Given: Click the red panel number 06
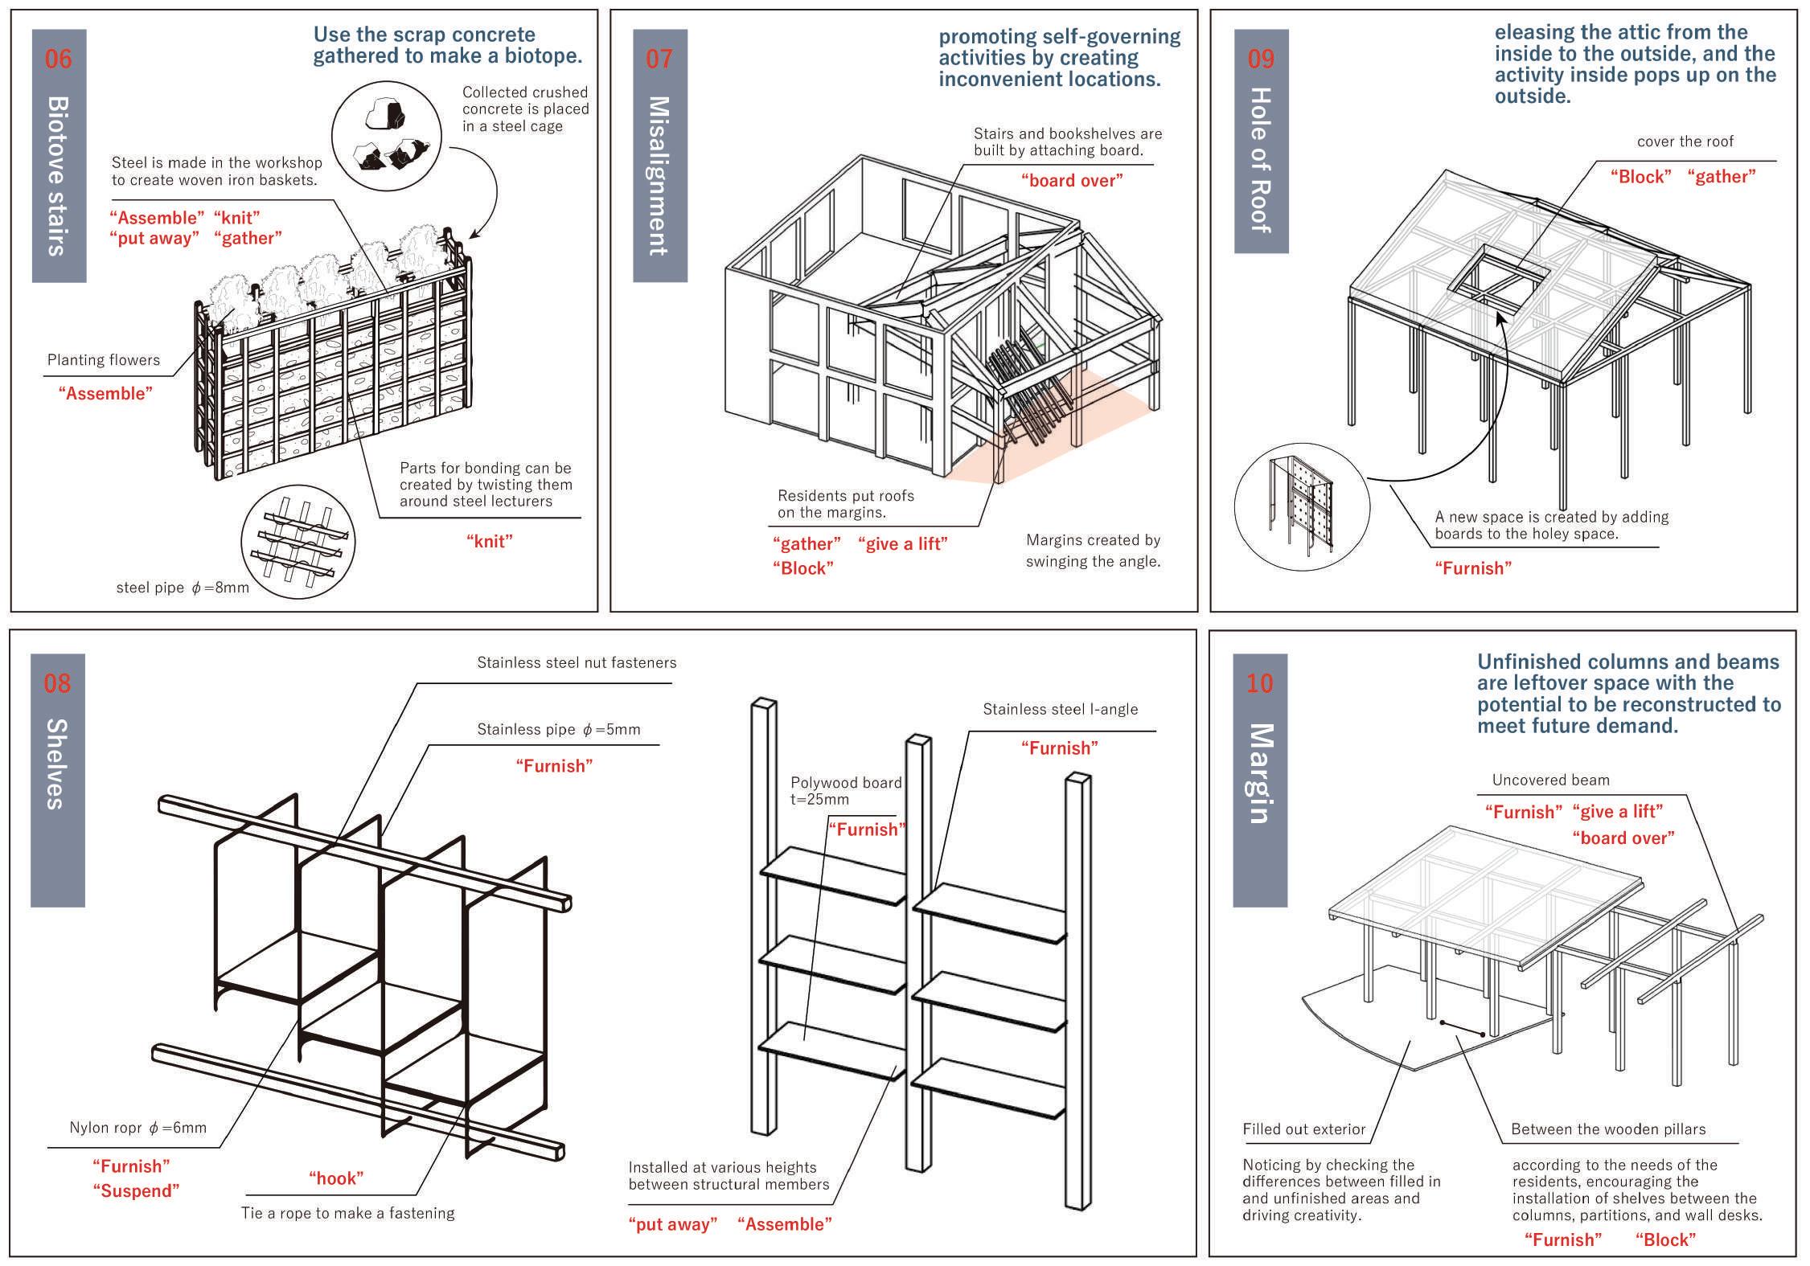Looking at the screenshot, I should click(58, 59).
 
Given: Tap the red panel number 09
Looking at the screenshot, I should click(1261, 59).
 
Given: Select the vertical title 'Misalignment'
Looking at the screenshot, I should click(659, 175).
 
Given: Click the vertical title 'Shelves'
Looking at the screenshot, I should click(57, 764).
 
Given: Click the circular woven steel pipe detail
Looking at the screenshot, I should click(298, 540).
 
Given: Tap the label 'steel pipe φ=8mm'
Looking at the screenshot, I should click(183, 588).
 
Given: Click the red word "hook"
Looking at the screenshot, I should click(336, 1178).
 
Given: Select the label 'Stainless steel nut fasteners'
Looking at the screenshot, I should click(577, 663).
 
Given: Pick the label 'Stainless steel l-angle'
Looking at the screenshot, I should click(1060, 709).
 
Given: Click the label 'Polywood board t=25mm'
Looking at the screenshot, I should click(845, 791).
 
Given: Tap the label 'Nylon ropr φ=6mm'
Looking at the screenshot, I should click(137, 1128).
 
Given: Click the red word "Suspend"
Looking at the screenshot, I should click(136, 1190).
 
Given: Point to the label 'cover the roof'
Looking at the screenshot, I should click(1685, 141).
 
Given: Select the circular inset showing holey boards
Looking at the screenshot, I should click(1300, 504).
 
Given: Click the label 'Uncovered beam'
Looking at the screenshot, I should click(1550, 780).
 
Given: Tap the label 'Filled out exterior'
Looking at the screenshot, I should click(1303, 1129).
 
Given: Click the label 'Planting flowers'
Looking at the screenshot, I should click(104, 360).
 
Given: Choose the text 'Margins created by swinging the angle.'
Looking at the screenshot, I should click(1093, 551).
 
